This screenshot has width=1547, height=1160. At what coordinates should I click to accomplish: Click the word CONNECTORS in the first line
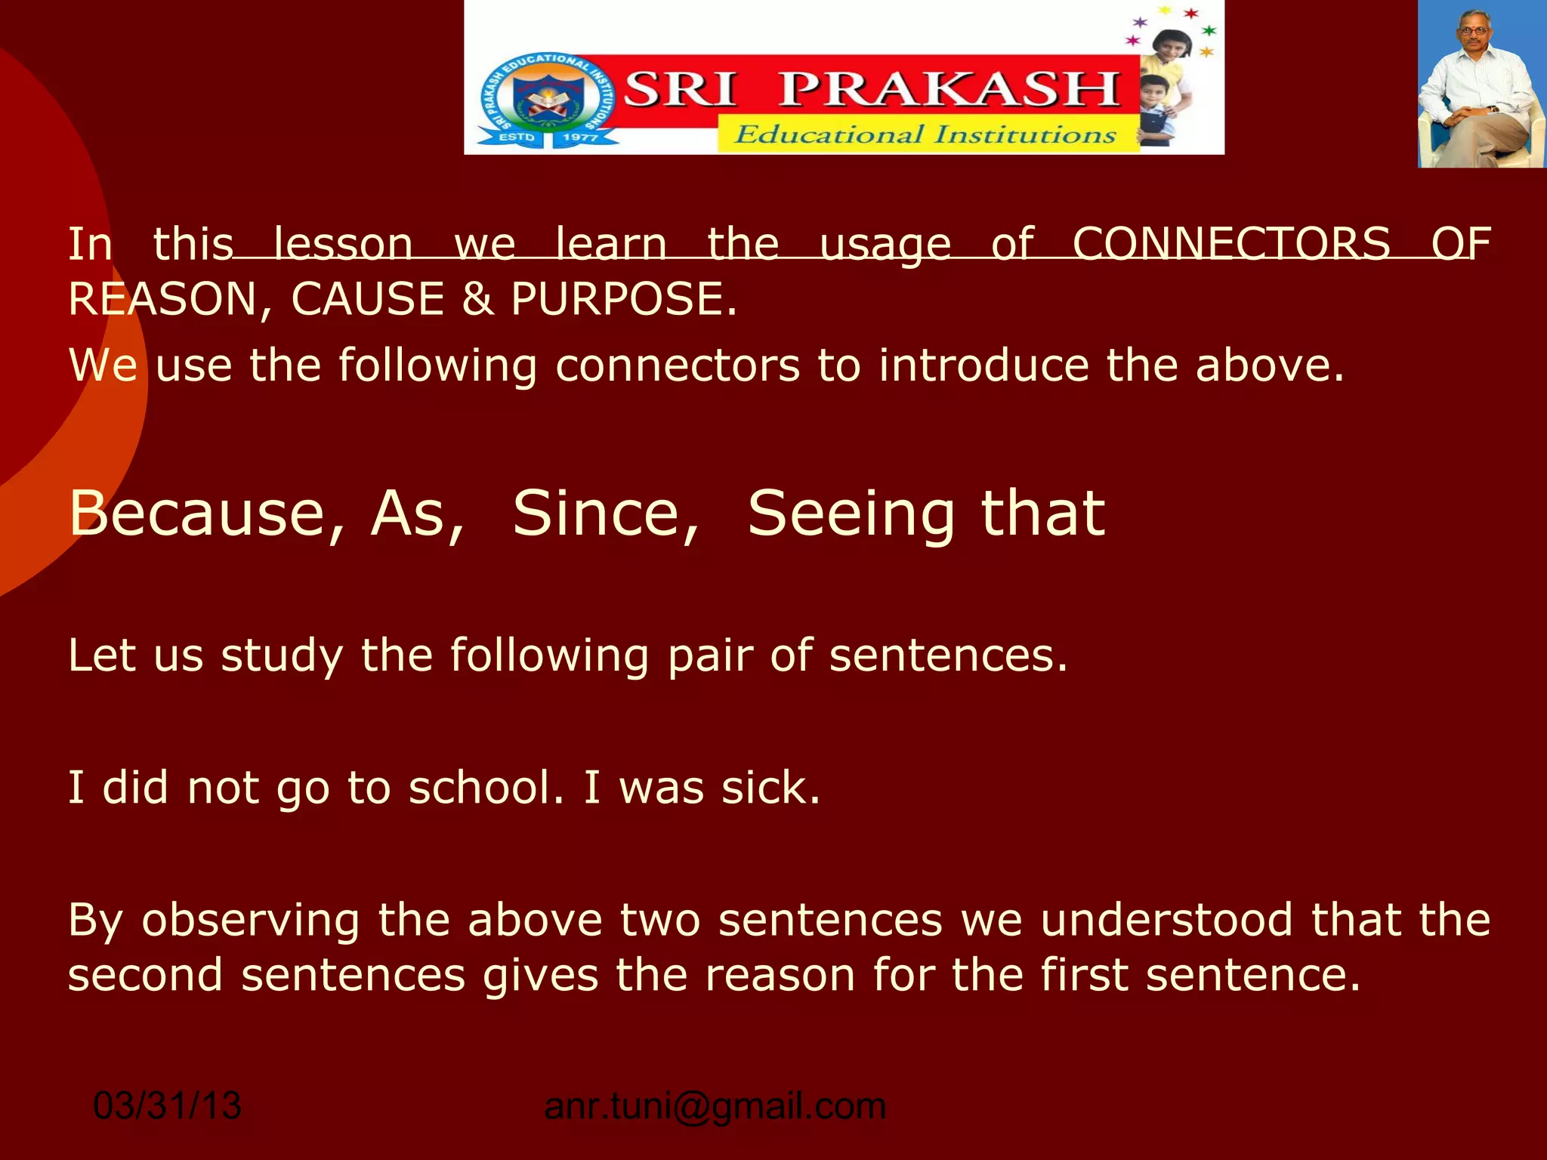[x=1231, y=244]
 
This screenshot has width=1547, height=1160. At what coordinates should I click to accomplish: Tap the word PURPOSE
[x=623, y=299]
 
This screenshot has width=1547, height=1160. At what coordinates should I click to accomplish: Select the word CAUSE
[x=368, y=299]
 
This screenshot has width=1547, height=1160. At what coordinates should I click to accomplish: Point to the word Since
[x=606, y=514]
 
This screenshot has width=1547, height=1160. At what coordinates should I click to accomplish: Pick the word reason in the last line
[x=780, y=975]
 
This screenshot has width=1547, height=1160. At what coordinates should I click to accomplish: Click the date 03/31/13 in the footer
[x=167, y=1106]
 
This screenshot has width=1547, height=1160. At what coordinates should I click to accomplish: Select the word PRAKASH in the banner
[x=949, y=89]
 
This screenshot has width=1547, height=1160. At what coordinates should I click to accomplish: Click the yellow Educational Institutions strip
[x=926, y=134]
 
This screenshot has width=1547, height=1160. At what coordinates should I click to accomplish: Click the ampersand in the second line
[x=477, y=299]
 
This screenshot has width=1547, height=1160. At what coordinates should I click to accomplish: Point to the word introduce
[x=983, y=366]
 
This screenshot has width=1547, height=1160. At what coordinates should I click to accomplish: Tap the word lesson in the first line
[x=343, y=244]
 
